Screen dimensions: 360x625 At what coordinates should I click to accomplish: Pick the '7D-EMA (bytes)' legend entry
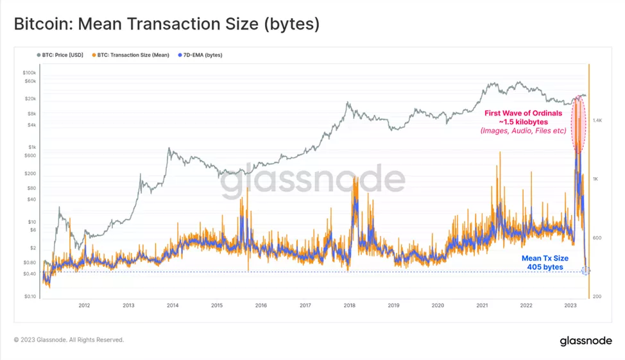click(201, 55)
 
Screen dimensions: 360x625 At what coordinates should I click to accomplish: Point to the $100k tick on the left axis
click(30, 73)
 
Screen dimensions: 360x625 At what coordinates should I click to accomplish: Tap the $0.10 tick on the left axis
click(30, 296)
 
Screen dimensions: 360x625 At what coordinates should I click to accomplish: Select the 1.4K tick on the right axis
click(596, 120)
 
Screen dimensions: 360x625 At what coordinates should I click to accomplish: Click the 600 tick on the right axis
click(596, 237)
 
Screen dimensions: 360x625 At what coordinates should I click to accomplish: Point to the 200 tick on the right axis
click(596, 296)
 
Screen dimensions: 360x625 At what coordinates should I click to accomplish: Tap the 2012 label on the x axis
click(84, 305)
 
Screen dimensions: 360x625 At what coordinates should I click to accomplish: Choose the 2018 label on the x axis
click(350, 305)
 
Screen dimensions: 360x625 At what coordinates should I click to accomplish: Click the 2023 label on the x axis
click(570, 305)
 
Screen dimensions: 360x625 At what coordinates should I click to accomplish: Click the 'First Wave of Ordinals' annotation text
click(522, 113)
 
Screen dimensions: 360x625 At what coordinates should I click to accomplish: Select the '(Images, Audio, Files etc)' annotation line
click(523, 131)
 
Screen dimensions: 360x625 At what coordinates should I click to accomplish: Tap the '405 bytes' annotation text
click(545, 266)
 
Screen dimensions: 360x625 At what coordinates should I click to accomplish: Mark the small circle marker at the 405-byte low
click(585, 271)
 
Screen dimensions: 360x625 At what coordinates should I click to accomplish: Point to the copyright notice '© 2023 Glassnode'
click(69, 340)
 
